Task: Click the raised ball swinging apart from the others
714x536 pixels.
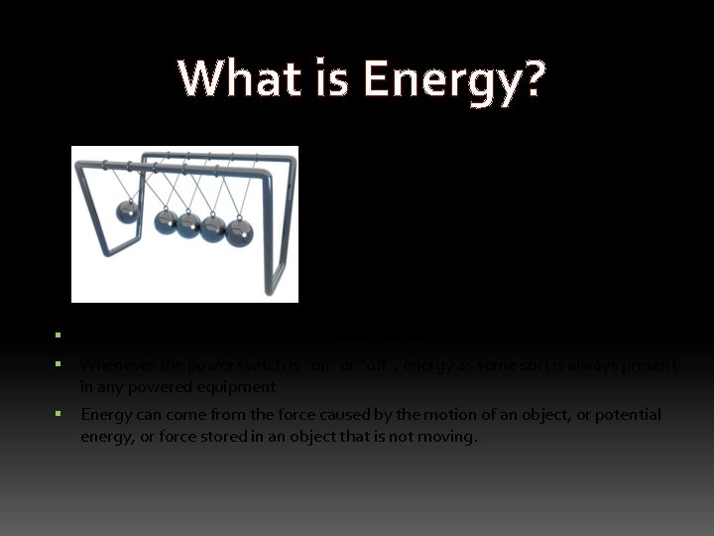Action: click(126, 213)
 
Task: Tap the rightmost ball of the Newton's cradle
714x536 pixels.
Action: click(239, 232)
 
